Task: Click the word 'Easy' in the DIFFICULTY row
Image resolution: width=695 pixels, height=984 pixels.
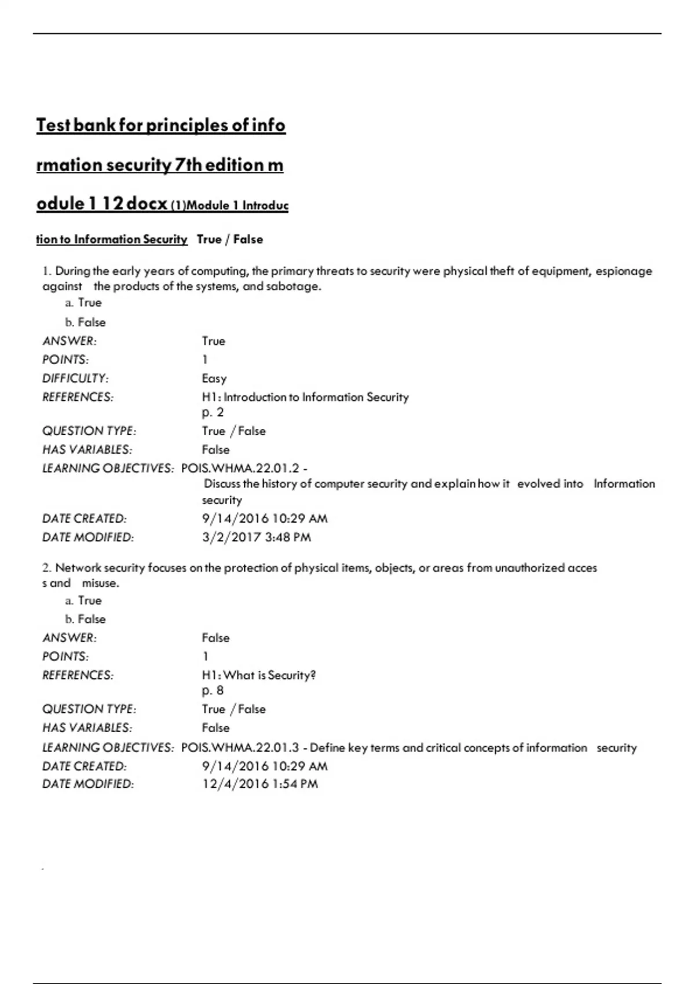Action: (x=214, y=379)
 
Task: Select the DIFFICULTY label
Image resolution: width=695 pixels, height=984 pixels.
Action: (x=75, y=379)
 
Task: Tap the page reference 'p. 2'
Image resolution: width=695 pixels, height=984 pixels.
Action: (x=213, y=412)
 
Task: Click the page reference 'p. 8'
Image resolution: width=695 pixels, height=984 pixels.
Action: (x=213, y=691)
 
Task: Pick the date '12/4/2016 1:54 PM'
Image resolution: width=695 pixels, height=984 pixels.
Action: (x=259, y=784)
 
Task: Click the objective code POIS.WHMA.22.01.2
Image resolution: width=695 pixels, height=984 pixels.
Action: (x=240, y=468)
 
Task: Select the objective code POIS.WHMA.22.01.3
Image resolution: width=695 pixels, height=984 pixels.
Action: (x=240, y=748)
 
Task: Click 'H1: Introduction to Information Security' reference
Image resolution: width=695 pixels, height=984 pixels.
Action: (x=305, y=397)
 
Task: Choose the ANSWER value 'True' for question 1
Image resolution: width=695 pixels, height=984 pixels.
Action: (x=213, y=341)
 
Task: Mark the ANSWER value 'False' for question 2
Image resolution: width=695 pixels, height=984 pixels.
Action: (x=215, y=638)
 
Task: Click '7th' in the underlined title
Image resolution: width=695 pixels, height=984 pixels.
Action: (x=188, y=165)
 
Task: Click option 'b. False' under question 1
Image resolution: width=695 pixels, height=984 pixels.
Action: (x=85, y=322)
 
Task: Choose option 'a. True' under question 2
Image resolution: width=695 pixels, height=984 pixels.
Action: (x=83, y=600)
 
